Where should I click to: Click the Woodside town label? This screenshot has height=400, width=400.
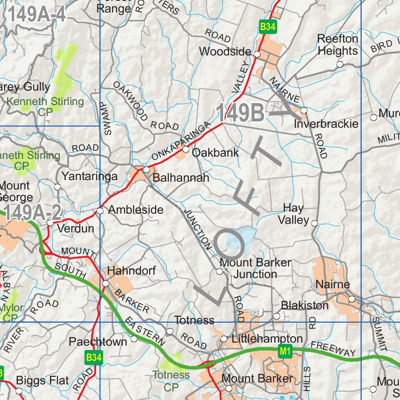pos(225,52)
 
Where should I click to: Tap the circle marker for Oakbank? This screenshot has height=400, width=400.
pos(186,150)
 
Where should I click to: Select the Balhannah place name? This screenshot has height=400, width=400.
pos(181,178)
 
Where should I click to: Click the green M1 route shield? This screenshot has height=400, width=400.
pos(285,352)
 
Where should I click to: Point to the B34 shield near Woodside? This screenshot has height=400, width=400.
pos(268,27)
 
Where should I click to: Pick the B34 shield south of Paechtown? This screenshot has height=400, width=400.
pos(94,357)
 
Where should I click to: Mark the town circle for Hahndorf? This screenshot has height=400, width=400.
pos(106,284)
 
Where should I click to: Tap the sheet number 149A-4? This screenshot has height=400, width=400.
pos(36,15)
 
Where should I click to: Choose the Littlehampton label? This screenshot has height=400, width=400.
pos(267,339)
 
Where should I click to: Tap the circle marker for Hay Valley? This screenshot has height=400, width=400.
pos(314,223)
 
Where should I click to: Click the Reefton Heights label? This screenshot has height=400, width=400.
pos(337,45)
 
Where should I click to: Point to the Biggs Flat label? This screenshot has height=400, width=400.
pos(42,380)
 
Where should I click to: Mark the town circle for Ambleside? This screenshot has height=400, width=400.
pos(100,211)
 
